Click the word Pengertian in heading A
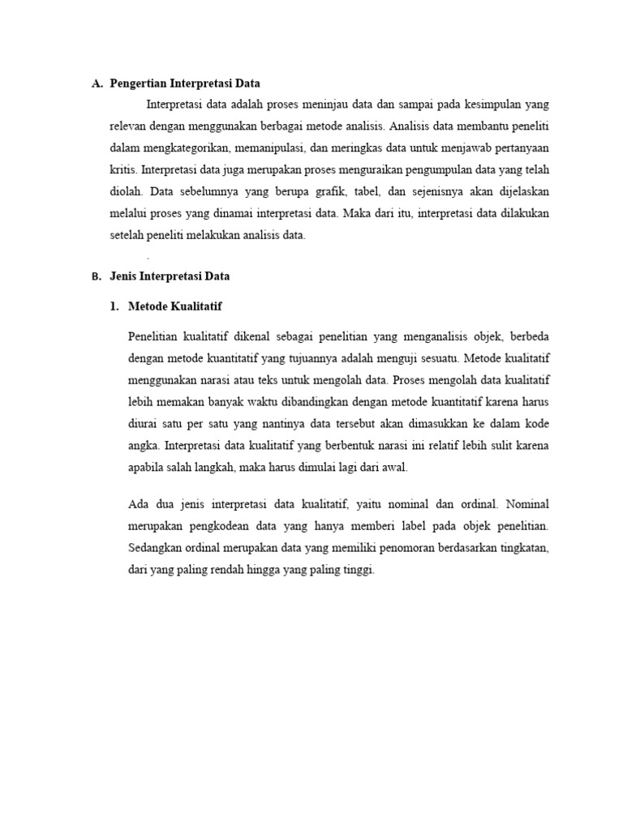coord(140,83)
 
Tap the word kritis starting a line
coord(123,170)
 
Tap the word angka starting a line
coord(143,445)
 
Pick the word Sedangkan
coord(157,549)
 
